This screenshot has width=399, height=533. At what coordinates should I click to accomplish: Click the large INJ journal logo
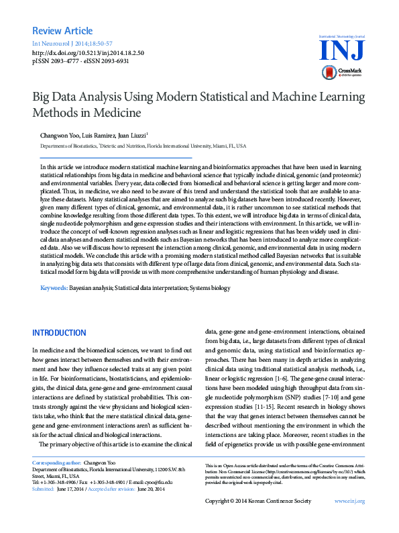[x=343, y=49]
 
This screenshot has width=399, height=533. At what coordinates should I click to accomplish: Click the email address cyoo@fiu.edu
[x=159, y=482]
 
